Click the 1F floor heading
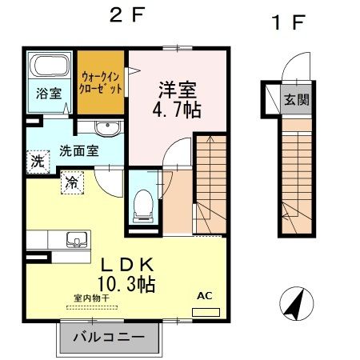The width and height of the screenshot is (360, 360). pyautogui.click(x=290, y=22)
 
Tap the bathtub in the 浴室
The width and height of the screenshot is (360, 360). pyautogui.click(x=49, y=67)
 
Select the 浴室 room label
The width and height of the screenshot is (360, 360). pyautogui.click(x=48, y=93)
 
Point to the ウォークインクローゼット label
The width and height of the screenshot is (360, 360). pyautogui.click(x=102, y=83)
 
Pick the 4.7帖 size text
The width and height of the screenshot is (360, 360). pyautogui.click(x=172, y=110)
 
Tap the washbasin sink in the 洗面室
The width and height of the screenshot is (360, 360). pyautogui.click(x=106, y=130)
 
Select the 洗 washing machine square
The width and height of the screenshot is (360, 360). pyautogui.click(x=38, y=159)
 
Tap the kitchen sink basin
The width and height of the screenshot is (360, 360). pyautogui.click(x=78, y=238)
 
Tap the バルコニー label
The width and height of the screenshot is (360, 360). pyautogui.click(x=110, y=338)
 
